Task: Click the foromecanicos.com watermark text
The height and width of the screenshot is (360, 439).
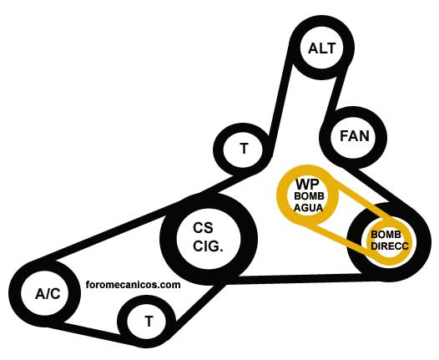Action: (133, 285)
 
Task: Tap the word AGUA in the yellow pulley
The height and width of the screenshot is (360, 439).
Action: (308, 208)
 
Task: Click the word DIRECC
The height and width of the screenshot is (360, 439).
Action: (390, 246)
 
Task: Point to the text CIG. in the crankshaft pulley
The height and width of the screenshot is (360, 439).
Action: (208, 246)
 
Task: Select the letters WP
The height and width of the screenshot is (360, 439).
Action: (307, 185)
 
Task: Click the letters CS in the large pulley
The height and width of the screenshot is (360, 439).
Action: (203, 228)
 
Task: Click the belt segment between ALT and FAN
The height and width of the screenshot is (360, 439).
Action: (336, 95)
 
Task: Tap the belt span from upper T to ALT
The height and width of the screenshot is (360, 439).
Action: (279, 104)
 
